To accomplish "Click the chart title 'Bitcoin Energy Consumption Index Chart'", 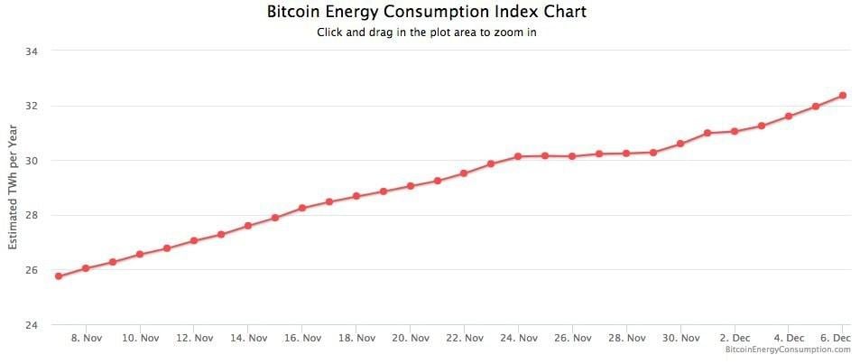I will [x=427, y=12].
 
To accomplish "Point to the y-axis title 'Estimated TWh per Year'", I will [x=14, y=187].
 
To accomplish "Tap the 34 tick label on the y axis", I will [x=31, y=51].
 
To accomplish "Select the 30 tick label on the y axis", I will [x=31, y=161].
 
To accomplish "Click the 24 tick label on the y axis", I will [x=31, y=325].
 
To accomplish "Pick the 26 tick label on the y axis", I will [x=31, y=270].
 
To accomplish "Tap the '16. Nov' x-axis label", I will [x=302, y=339].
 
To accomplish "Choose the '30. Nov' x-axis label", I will [x=680, y=339].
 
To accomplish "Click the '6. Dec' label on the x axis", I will [x=837, y=339].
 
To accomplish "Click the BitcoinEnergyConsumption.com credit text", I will [x=788, y=350].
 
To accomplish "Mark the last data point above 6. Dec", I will [x=842, y=95].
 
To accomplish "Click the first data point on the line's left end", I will [x=59, y=276].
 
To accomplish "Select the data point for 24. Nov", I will [x=518, y=156].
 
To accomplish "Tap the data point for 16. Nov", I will [x=302, y=208].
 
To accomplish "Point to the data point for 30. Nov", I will [x=680, y=144].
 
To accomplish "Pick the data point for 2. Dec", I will [x=735, y=131].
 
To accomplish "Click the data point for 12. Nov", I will [x=194, y=241].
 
